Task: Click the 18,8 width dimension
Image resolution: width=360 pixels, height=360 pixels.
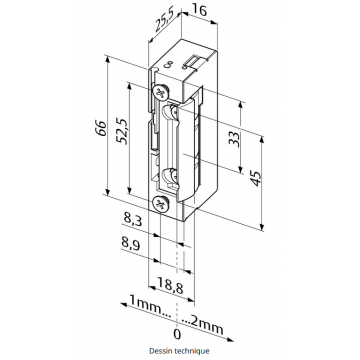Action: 175,288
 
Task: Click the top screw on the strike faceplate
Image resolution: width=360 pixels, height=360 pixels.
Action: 161,93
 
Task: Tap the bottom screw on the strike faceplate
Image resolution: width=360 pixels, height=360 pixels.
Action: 161,205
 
